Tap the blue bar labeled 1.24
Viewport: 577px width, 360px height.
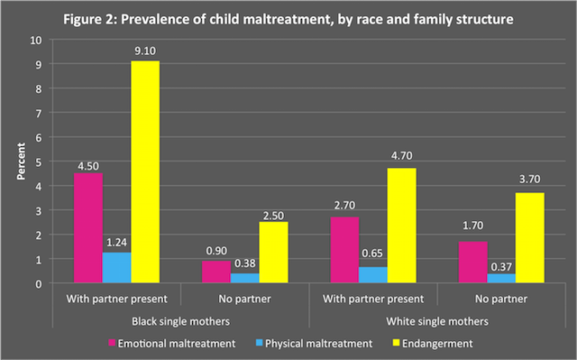(x=116, y=267)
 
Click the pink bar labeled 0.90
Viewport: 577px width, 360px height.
(x=215, y=272)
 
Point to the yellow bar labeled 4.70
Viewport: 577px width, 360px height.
(x=399, y=226)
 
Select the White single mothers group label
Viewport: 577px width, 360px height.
(x=436, y=320)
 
